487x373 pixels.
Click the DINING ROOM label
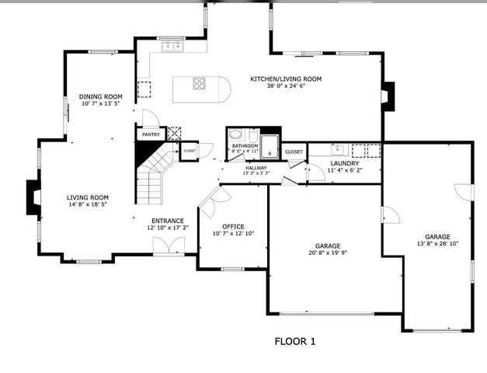tap(100, 97)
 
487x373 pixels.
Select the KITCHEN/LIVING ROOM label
tap(285, 78)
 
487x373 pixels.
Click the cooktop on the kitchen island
tap(200, 83)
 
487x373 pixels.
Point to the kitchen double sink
tap(172, 46)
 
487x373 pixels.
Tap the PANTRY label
tap(151, 134)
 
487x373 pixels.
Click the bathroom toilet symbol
tap(236, 134)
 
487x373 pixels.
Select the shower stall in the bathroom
tap(270, 146)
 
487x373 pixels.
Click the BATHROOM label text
tap(244, 145)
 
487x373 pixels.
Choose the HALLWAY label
tap(256, 168)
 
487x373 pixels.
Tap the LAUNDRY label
tap(344, 163)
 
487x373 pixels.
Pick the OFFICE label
tap(233, 226)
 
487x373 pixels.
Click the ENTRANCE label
tap(168, 221)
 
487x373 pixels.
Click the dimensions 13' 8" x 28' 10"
tap(437, 244)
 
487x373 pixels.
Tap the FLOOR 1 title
tap(295, 340)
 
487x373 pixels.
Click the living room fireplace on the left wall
tap(33, 197)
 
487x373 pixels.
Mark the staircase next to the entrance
tap(154, 173)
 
